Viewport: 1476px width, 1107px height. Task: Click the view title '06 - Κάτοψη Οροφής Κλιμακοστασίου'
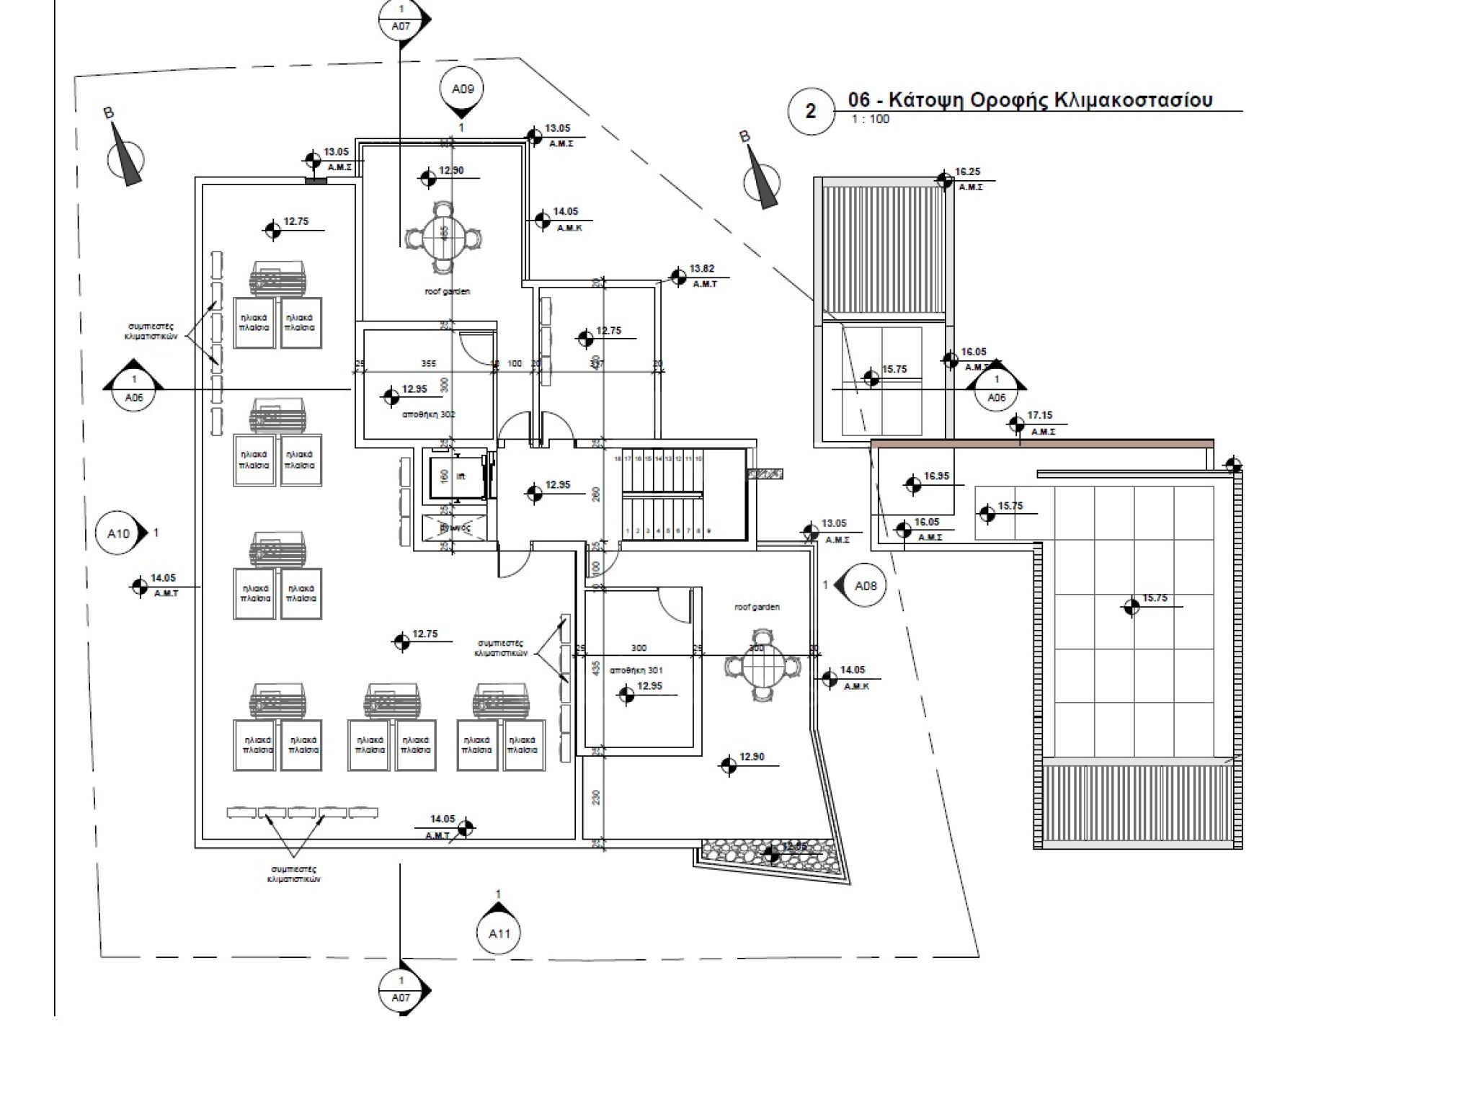pos(1031,99)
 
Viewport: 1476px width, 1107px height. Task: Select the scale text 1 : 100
pos(871,120)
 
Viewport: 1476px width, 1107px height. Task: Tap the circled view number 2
pos(811,112)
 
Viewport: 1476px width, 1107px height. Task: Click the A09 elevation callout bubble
pos(462,89)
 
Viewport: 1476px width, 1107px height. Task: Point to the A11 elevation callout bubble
pos(499,933)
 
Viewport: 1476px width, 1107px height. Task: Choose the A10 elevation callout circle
pos(118,533)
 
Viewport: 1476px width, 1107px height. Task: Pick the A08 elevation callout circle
pos(865,586)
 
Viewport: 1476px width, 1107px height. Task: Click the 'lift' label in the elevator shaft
pos(461,476)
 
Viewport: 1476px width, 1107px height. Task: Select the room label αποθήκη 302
pos(429,414)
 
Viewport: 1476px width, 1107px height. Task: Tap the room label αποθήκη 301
pos(636,670)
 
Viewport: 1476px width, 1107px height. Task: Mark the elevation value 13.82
pos(701,269)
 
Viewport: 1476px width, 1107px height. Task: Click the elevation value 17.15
pos(1039,416)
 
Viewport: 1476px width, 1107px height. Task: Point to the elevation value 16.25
pos(967,172)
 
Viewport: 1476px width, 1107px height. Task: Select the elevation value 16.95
pos(936,476)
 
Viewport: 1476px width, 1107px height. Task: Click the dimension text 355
pos(429,364)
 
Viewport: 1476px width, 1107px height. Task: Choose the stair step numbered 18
pos(618,459)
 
